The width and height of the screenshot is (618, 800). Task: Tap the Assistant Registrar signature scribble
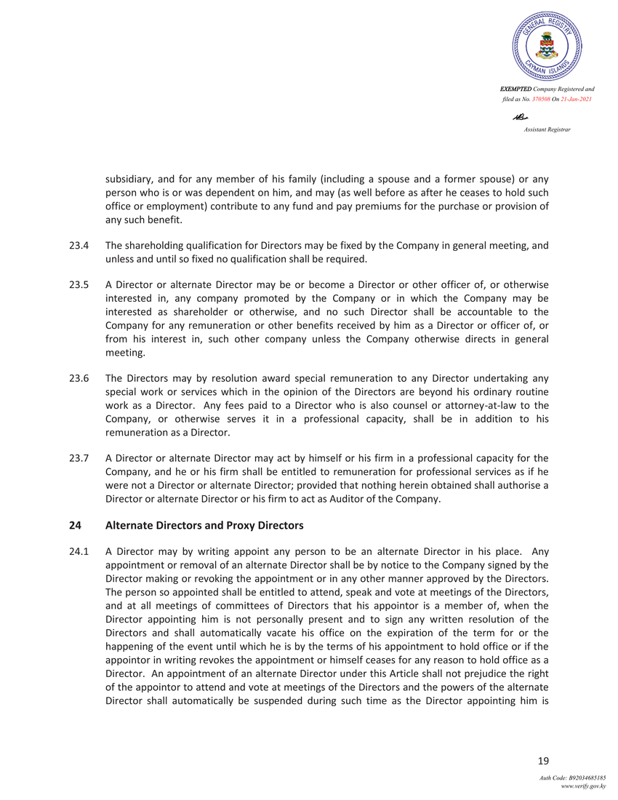tap(520, 117)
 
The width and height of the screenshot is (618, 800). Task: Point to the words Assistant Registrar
tap(547, 129)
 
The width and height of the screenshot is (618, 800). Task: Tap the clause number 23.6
tap(78, 378)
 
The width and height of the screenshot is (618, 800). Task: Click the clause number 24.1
tap(78, 551)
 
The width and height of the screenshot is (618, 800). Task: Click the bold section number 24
tap(74, 525)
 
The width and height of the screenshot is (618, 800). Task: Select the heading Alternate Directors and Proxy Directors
tap(204, 525)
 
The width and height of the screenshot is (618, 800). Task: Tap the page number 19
tap(542, 761)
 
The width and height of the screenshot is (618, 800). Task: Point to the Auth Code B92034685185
tap(572, 778)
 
